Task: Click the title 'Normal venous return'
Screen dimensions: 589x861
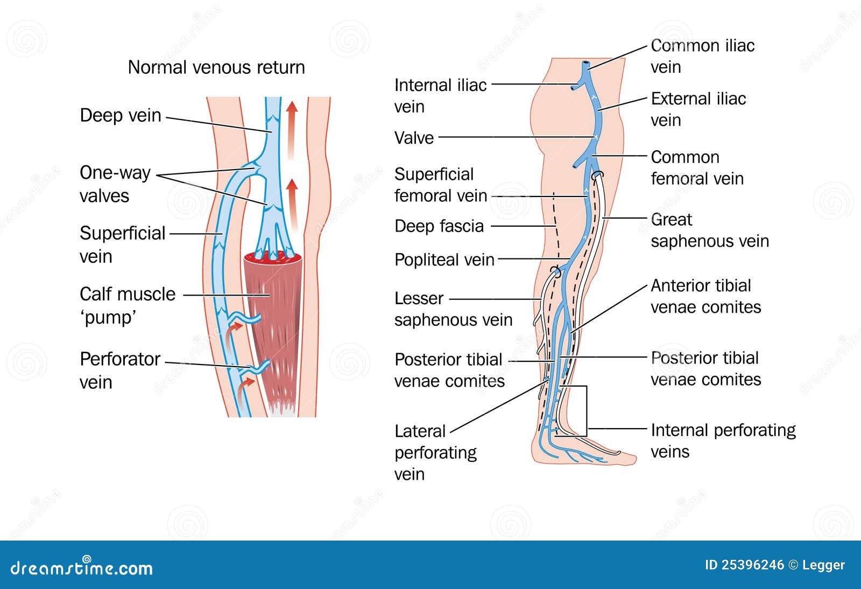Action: pos(216,67)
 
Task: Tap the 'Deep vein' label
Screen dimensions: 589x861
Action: pos(121,115)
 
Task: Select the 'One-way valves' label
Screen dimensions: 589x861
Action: pos(114,184)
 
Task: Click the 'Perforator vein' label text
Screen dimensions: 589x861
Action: pos(119,370)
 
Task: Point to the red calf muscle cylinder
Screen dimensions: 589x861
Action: pos(273,323)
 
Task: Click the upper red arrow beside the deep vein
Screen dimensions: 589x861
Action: pos(292,129)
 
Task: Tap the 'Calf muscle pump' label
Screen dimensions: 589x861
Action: pos(127,305)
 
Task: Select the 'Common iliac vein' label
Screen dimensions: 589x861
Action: pos(702,56)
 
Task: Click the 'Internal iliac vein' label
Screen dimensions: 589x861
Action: pos(440,95)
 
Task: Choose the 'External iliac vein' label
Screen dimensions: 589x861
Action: pos(698,109)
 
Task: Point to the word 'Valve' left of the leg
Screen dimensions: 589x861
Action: pos(414,138)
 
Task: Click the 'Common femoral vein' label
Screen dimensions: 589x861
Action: pos(696,167)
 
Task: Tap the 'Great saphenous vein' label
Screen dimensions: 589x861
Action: pos(709,230)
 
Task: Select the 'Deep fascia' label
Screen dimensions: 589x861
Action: pos(439,226)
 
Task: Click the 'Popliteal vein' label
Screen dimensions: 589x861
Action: pos(444,260)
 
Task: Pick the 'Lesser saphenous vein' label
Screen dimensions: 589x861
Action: pos(453,308)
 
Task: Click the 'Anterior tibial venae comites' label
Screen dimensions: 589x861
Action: pos(705,296)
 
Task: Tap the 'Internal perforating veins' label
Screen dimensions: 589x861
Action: pos(723,440)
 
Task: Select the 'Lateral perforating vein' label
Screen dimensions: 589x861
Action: pos(435,452)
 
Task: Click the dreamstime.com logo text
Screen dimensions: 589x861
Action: pos(82,568)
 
